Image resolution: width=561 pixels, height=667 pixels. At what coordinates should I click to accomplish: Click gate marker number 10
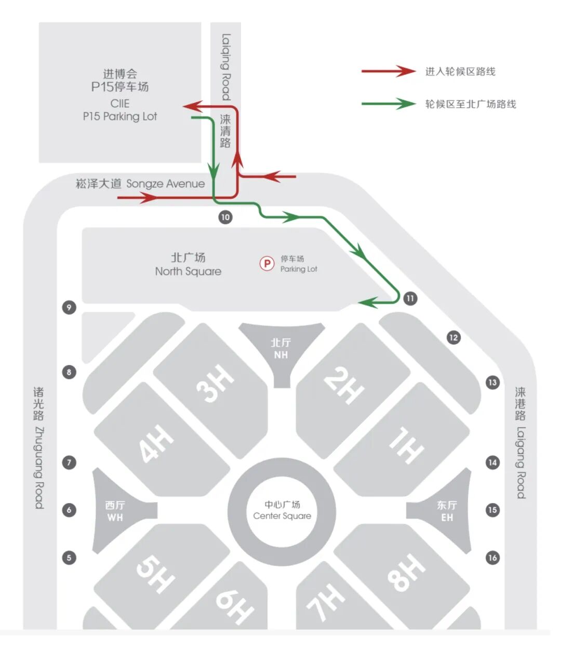pyautogui.click(x=225, y=217)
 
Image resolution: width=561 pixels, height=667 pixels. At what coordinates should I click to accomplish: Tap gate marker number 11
pyautogui.click(x=410, y=298)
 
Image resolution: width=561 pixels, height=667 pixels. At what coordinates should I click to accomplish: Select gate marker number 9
pyautogui.click(x=69, y=307)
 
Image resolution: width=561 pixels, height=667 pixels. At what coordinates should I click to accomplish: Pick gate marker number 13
pyautogui.click(x=492, y=383)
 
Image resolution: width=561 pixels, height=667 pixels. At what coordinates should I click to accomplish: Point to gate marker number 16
pyautogui.click(x=492, y=558)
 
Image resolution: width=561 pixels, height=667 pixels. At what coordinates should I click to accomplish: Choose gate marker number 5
pyautogui.click(x=69, y=558)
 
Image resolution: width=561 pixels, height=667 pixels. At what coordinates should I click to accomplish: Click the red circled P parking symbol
pyautogui.click(x=267, y=264)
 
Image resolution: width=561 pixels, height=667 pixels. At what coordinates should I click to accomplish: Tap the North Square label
pyautogui.click(x=188, y=264)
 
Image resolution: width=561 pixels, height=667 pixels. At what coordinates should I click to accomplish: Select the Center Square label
pyautogui.click(x=282, y=510)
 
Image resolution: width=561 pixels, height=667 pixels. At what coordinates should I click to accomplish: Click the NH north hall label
pyautogui.click(x=281, y=348)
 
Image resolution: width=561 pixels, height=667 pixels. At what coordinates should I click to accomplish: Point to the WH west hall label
pyautogui.click(x=115, y=511)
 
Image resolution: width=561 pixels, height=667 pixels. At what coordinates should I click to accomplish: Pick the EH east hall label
pyautogui.click(x=447, y=511)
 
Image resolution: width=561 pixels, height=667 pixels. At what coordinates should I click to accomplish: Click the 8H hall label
pyautogui.click(x=406, y=573)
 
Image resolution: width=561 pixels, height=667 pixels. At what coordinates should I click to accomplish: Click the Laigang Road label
pyautogui.click(x=520, y=442)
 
